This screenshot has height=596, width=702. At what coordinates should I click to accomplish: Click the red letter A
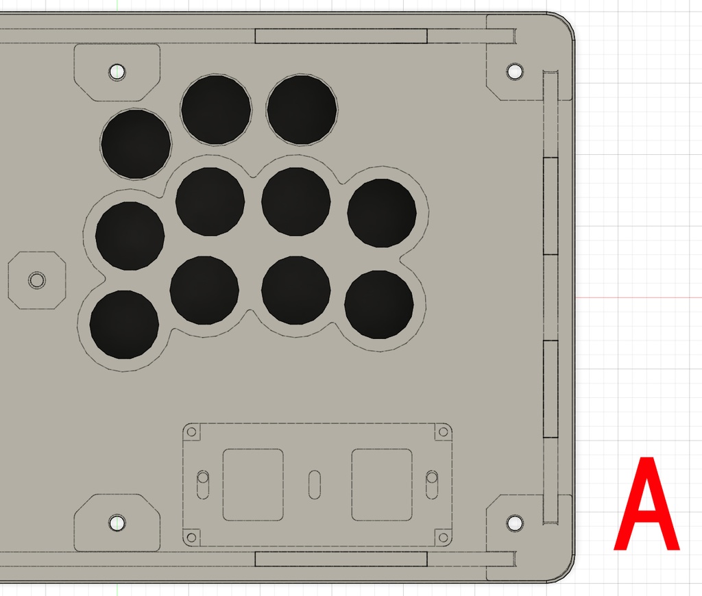coord(646,504)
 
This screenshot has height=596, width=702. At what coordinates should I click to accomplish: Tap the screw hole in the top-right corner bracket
coord(514,71)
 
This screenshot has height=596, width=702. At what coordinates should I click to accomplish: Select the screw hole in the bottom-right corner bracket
coord(514,523)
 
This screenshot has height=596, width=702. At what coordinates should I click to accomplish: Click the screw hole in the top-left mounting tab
coord(117,72)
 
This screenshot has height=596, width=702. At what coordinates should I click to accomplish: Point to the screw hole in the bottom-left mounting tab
coord(117,522)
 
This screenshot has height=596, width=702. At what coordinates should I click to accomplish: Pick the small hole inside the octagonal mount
coord(37,281)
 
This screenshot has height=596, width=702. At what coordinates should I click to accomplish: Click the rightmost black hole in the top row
coord(302,110)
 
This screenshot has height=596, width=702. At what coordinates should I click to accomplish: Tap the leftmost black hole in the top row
coord(136,145)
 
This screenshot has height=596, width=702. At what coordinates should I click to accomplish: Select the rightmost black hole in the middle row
coord(382,213)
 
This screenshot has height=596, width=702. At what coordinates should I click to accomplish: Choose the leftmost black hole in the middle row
coord(130,236)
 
